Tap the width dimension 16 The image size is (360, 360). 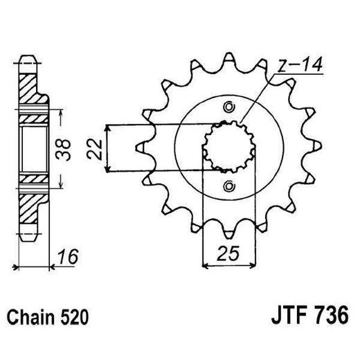pyautogui.click(x=67, y=257)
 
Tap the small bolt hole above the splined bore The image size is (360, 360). pyautogui.click(x=229, y=107)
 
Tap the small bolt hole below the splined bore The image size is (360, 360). pyautogui.click(x=229, y=186)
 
